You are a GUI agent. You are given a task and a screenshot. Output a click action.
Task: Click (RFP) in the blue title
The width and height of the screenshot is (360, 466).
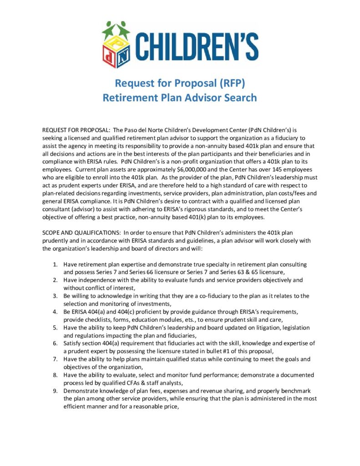234,83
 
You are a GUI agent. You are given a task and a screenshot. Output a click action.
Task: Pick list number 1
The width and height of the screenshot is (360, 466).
55,264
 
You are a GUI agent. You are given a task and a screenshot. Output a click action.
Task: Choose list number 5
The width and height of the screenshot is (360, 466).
55,328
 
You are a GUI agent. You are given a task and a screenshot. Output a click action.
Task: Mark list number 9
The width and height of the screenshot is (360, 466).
55,391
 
